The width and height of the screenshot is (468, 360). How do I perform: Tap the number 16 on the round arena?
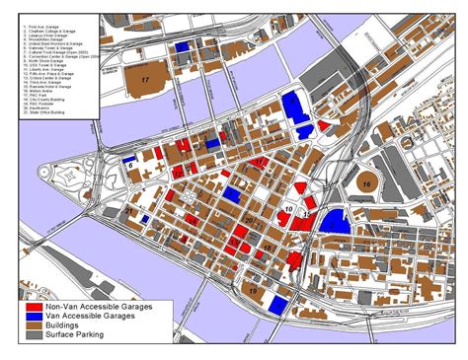365,183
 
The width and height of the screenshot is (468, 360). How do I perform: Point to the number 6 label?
130,166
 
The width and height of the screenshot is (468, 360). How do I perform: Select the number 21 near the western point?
129,211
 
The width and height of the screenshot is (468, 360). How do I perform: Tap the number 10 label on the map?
287,210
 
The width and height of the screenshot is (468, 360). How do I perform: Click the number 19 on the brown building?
253,291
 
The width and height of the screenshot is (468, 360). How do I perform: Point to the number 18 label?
268,247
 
